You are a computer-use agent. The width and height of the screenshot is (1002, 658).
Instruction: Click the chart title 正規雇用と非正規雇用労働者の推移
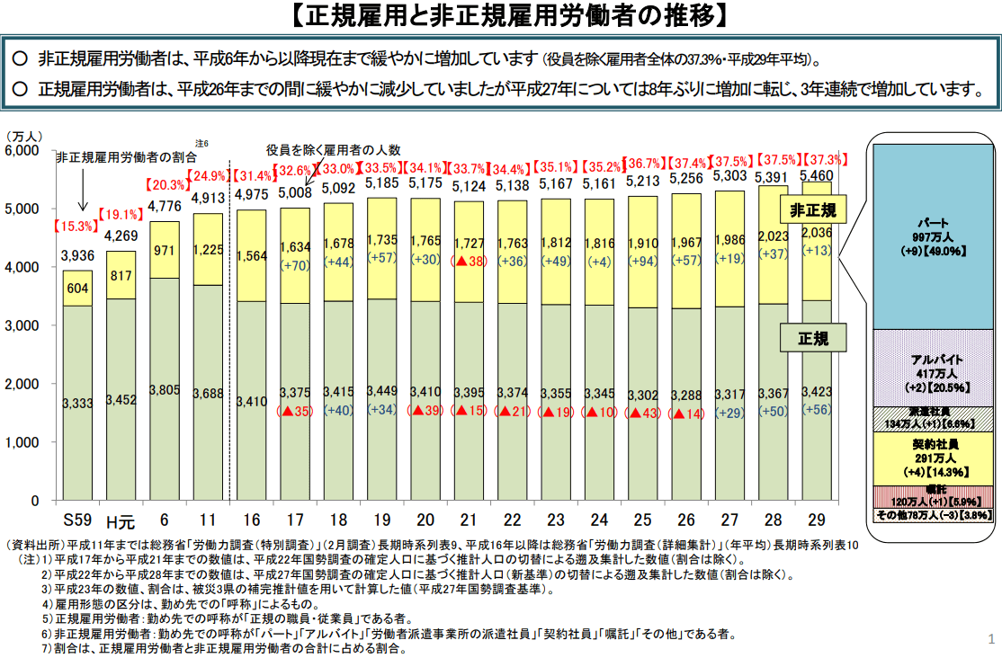501,15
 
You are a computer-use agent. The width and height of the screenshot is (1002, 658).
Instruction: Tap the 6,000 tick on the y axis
22,151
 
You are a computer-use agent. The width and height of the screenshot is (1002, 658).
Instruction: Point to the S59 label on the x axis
77,520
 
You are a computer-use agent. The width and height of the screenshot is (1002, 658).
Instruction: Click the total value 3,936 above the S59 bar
77,256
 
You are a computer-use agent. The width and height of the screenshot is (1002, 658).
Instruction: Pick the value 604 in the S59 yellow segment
77,289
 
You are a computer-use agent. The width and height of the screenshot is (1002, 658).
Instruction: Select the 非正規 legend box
813,212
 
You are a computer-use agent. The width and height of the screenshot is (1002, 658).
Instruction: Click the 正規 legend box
813,339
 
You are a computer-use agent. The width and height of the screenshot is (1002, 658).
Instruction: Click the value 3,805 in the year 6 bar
165,390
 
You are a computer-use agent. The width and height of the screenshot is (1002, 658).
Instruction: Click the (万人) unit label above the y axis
25,136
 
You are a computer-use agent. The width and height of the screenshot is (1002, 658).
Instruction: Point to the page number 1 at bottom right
990,639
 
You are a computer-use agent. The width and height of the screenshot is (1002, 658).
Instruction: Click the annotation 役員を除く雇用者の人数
333,149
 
